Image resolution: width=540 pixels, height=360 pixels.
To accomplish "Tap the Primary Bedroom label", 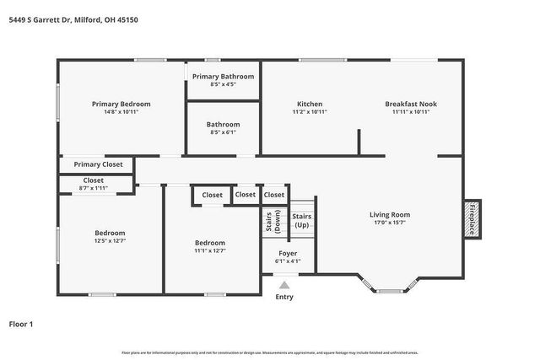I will (121, 104).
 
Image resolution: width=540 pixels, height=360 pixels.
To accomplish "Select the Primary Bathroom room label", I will (223, 77).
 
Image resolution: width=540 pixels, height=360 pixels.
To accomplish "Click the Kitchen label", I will (309, 104).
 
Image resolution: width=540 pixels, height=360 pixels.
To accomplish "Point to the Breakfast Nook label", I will (411, 104).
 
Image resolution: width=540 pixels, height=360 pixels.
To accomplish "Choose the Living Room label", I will (389, 214).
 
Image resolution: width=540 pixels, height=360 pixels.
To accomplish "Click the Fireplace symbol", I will (472, 219).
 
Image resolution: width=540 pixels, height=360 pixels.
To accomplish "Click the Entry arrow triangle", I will (285, 285).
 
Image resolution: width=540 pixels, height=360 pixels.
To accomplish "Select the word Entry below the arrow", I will (285, 296).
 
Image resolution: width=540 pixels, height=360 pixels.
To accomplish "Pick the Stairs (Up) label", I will (301, 221).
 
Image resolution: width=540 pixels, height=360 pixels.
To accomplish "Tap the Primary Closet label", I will (98, 164).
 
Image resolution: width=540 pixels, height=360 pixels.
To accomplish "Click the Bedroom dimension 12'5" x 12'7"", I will (110, 240).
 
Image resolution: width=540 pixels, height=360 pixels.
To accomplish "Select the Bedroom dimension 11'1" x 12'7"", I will (210, 250).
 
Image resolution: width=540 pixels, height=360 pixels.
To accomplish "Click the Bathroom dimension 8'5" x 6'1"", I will (223, 132).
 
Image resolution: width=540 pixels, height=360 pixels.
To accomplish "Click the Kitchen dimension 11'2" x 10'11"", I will (309, 111).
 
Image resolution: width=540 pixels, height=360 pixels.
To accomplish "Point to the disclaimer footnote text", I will (270, 352).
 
